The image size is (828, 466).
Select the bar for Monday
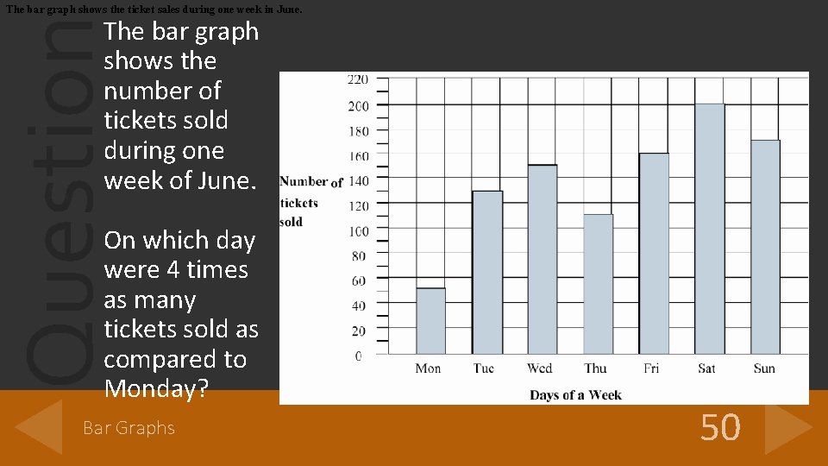pos(430,321)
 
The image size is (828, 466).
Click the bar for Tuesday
pos(487,272)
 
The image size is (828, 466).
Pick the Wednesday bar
pos(543,259)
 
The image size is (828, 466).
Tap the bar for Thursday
pos(598,284)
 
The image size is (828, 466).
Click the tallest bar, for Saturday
pos(709,229)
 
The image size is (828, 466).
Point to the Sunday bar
pos(765,247)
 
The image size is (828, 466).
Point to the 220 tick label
pos(357,79)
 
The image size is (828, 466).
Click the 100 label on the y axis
pos(357,230)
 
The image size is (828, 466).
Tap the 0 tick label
pos(358,356)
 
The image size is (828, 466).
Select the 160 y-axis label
pos(357,156)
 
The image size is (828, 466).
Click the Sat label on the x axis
pos(706,368)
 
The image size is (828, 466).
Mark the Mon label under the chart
pos(428,368)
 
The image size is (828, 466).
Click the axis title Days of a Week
pos(575,395)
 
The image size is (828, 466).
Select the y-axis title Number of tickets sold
pos(310,201)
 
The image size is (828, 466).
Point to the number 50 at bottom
pos(720,427)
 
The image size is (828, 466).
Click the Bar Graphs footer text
pos(129,428)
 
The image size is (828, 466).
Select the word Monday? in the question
pos(156,389)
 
